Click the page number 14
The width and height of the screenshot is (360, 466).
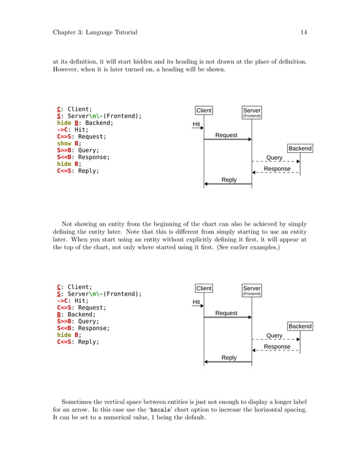point(304,32)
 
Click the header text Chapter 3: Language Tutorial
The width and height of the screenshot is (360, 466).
point(95,32)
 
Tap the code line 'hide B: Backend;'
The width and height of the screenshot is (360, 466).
point(85,123)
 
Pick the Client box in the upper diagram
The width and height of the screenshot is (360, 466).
point(204,111)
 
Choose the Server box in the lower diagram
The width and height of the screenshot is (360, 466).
point(252,290)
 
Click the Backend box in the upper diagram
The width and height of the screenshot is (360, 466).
point(300,148)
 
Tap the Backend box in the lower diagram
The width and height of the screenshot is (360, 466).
point(300,326)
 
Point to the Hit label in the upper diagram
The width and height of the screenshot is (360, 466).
point(196,124)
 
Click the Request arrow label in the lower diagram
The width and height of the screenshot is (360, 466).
point(226,313)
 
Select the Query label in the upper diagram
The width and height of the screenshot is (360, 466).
point(274,157)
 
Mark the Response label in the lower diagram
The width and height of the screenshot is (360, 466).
point(277,346)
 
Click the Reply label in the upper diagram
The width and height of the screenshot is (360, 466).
point(229,179)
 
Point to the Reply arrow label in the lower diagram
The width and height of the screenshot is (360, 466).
point(229,357)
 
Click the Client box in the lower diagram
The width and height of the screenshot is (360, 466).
point(204,288)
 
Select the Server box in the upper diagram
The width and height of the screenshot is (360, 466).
point(252,112)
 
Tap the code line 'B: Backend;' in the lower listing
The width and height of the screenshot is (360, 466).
point(76,314)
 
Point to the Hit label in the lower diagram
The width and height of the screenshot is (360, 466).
point(196,302)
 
